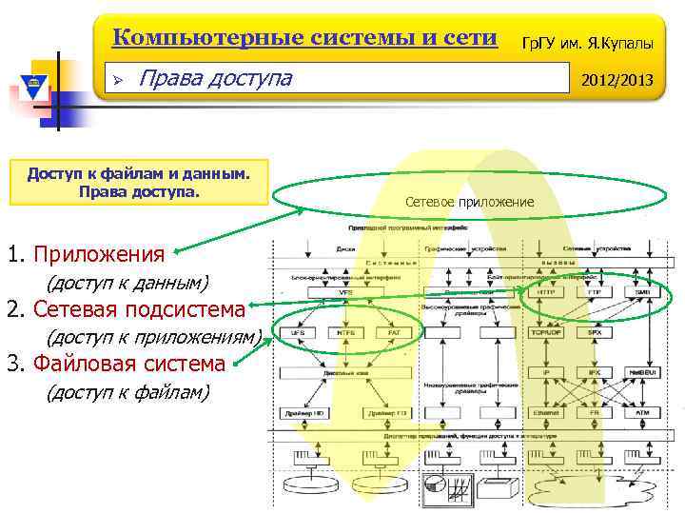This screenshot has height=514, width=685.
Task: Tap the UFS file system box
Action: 299,333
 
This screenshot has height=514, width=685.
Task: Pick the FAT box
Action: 394,333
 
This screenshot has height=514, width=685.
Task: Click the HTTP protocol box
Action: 546,292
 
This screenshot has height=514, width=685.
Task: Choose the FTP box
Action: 593,292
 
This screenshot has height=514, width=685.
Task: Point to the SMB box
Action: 642,292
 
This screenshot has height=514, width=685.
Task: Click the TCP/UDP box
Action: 546,333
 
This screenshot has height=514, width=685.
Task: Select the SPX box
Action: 593,333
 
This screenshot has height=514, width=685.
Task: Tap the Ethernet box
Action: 546,413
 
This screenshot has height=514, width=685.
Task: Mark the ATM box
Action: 642,413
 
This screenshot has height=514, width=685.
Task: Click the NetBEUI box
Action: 642,373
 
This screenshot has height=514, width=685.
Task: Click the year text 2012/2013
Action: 617,80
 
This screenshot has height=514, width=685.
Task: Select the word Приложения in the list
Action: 99,254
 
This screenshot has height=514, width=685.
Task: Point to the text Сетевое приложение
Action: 469,203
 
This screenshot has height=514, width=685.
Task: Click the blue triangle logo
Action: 32,84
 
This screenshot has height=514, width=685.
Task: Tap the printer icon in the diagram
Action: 496,486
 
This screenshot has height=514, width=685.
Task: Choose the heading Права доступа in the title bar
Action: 215,77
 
